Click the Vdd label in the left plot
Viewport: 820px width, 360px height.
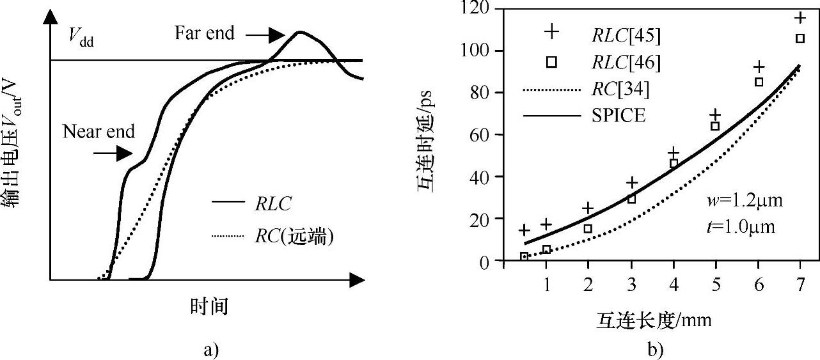click(x=81, y=32)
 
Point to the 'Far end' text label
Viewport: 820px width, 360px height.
click(x=205, y=33)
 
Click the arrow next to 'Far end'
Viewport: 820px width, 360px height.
click(x=266, y=33)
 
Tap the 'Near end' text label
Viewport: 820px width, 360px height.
click(x=99, y=132)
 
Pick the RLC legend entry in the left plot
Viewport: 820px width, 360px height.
click(x=273, y=204)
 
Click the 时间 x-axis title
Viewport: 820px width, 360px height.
click(x=209, y=307)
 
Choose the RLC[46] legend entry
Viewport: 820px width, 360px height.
click(x=626, y=62)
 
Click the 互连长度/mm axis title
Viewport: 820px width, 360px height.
click(x=654, y=318)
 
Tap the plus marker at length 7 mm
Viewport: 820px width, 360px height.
click(x=800, y=17)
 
